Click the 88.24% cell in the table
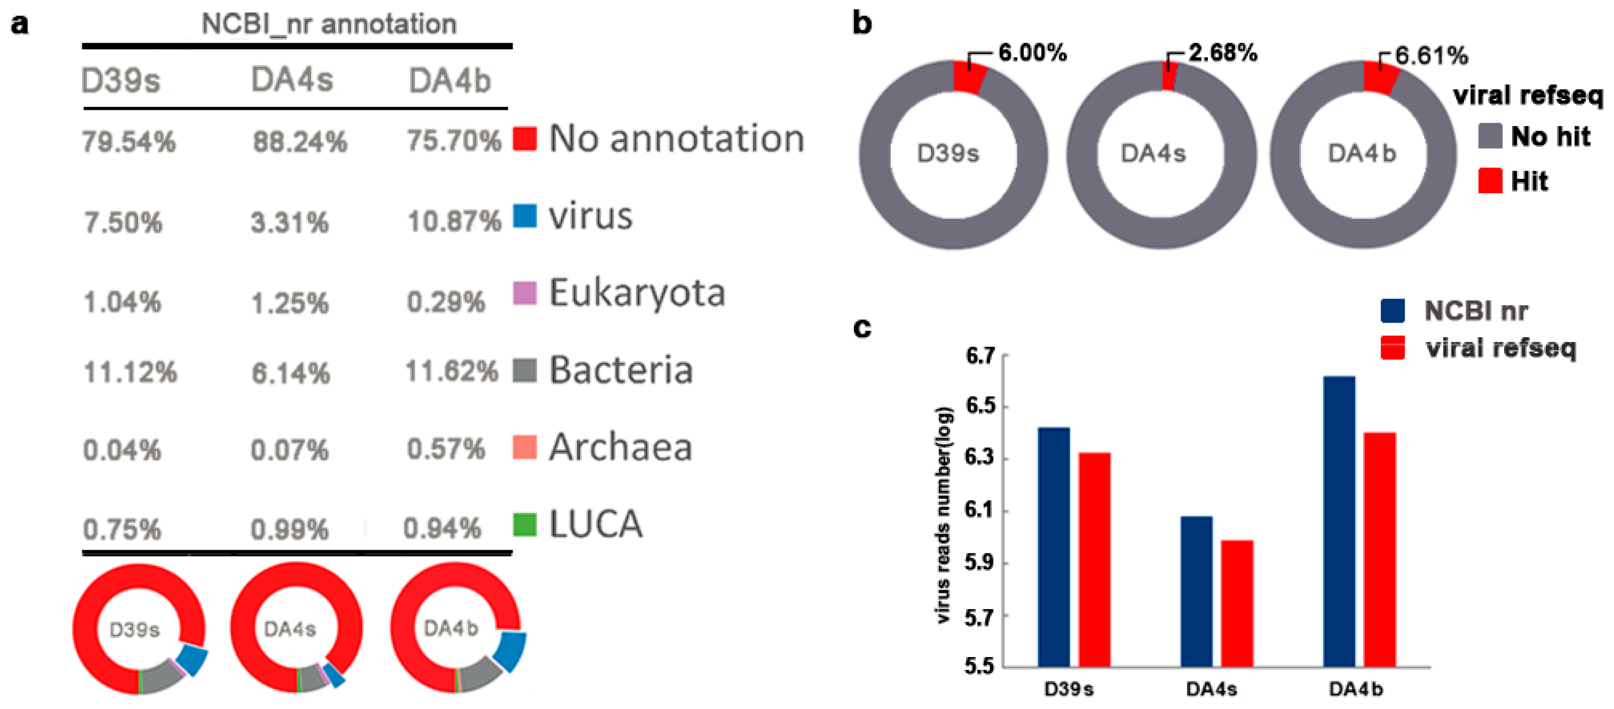coord(299,142)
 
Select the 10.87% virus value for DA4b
coord(454,221)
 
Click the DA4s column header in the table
coord(292,80)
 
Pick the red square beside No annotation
coord(524,138)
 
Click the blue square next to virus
coord(524,216)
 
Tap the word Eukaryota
coord(637,293)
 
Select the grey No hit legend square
coord(1490,136)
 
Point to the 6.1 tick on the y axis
coord(980,510)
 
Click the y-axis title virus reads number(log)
coord(943,515)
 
